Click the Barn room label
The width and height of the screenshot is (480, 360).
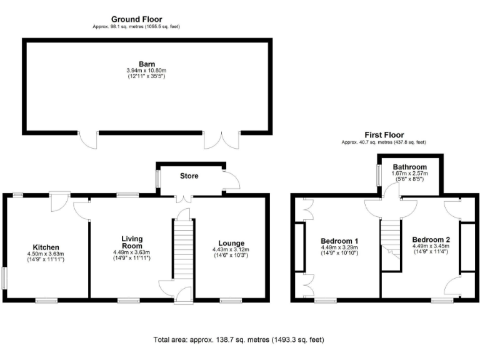pyautogui.click(x=147, y=63)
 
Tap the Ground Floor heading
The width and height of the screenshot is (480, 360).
pyautogui.click(x=137, y=19)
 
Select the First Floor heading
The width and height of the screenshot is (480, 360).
pyautogui.click(x=384, y=135)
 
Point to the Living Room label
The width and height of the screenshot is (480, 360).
pyautogui.click(x=132, y=242)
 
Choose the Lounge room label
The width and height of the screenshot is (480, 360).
pyautogui.click(x=231, y=243)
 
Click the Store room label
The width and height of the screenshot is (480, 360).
pyautogui.click(x=189, y=176)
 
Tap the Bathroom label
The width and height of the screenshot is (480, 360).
pyautogui.click(x=409, y=167)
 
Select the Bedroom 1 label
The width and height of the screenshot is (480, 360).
pyautogui.click(x=339, y=241)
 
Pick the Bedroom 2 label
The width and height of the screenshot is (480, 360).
pyautogui.click(x=431, y=239)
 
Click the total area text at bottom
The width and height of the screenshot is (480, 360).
pyautogui.click(x=239, y=340)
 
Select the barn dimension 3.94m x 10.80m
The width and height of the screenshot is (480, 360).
pyautogui.click(x=147, y=71)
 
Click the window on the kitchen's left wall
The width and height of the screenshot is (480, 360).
pyautogui.click(x=4, y=278)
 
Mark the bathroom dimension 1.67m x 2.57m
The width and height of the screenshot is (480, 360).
pyautogui.click(x=409, y=174)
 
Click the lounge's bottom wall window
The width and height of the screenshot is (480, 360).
pyautogui.click(x=230, y=301)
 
